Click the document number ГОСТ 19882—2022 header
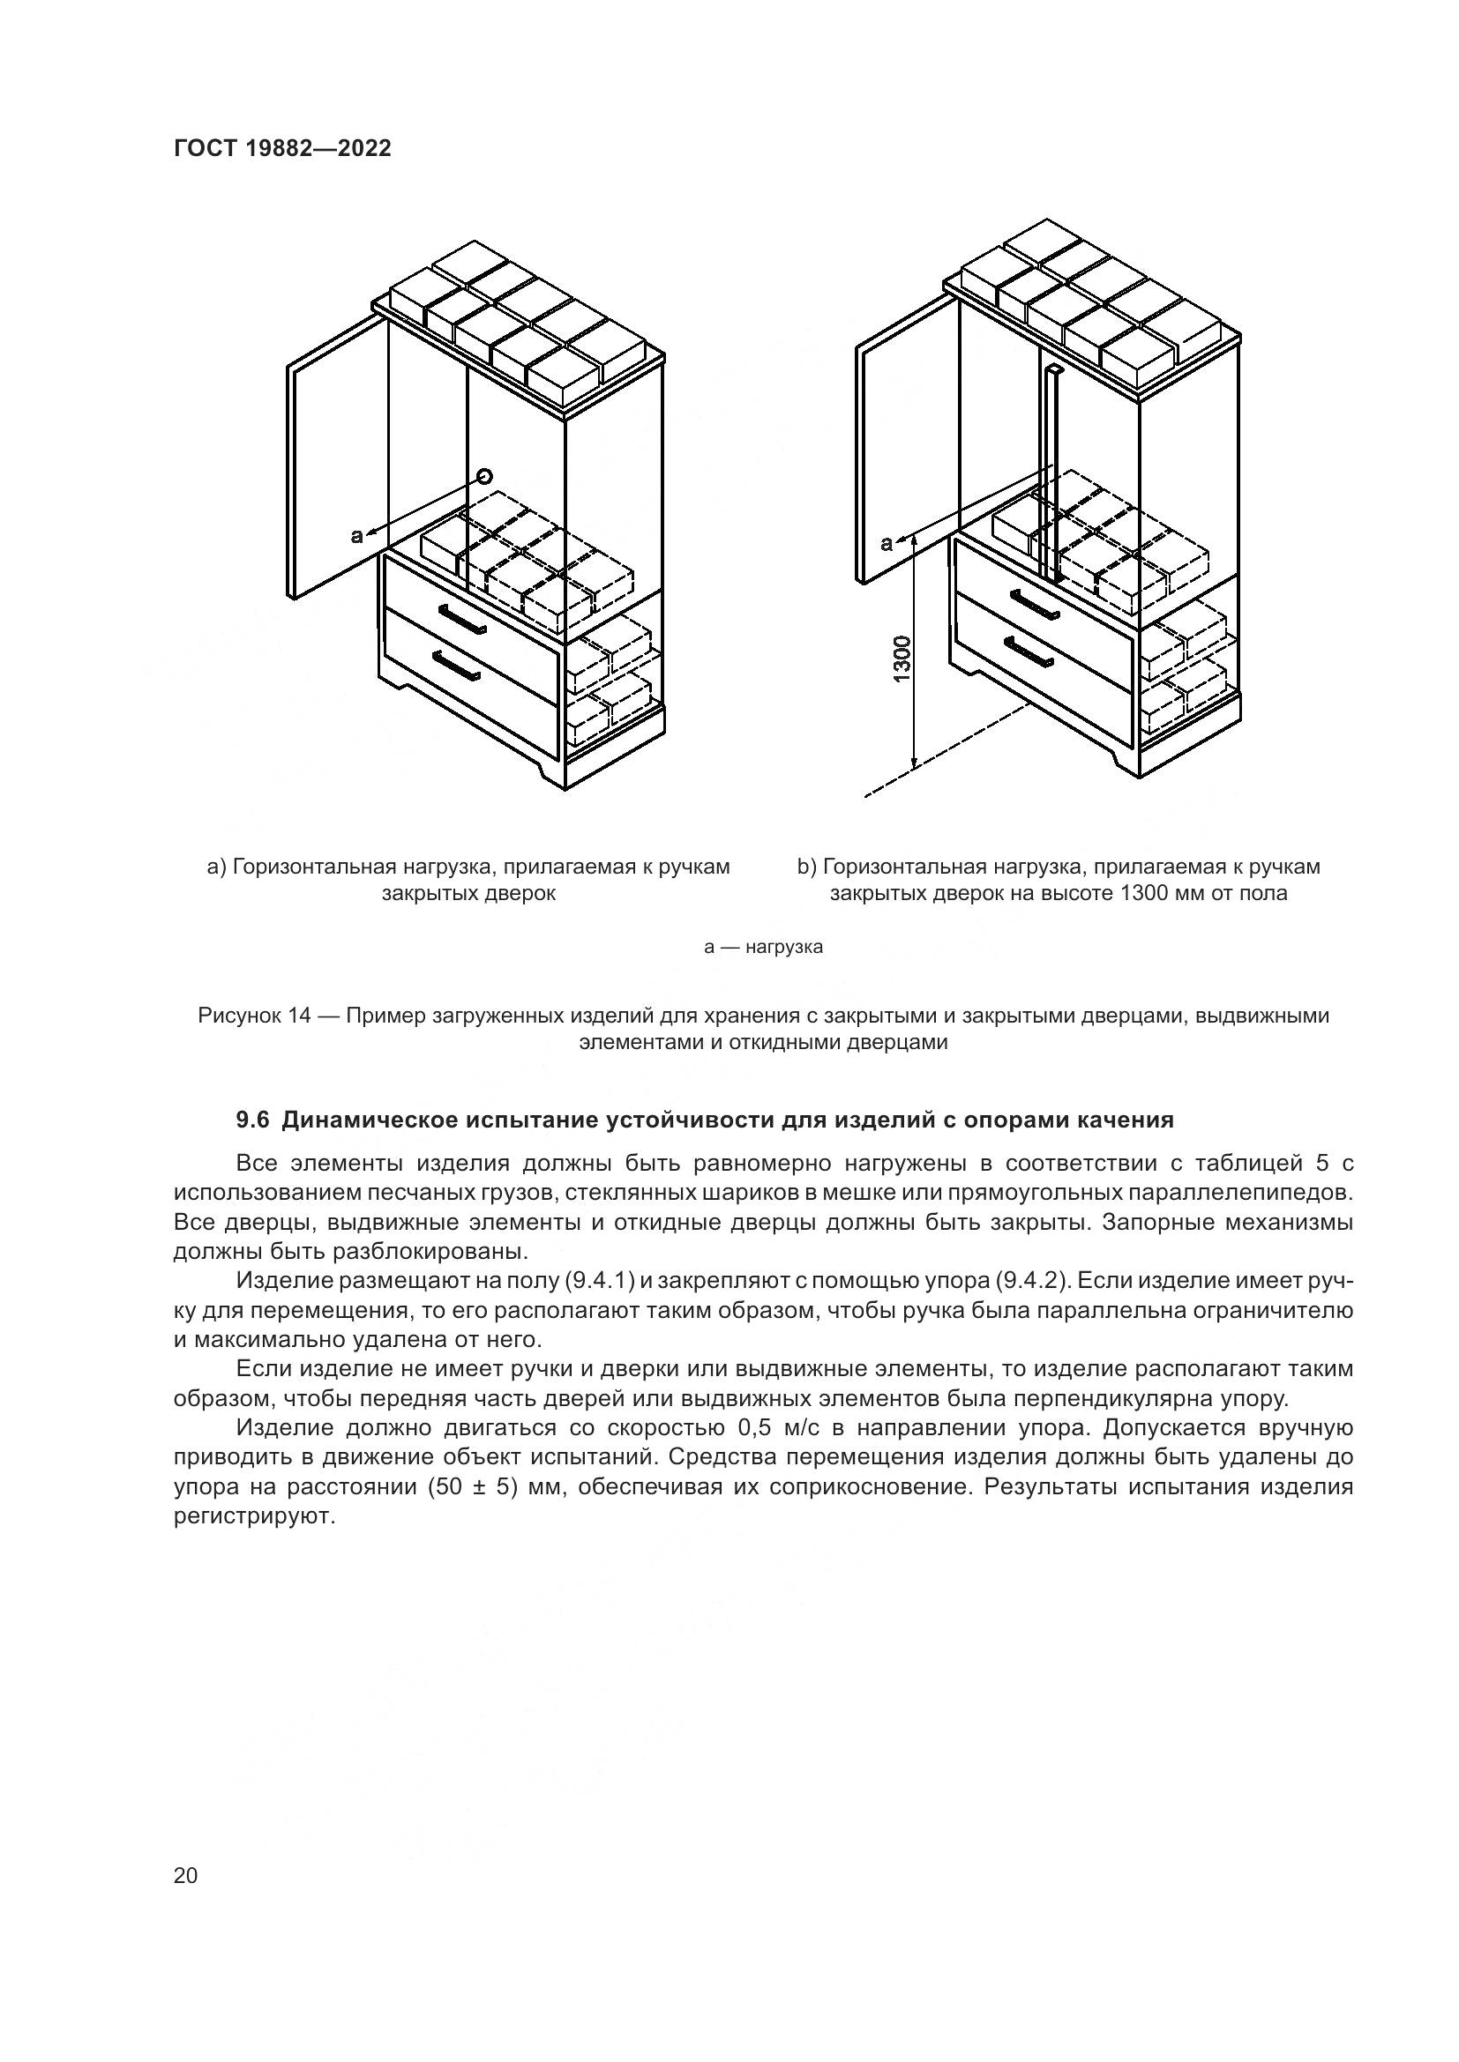[282, 148]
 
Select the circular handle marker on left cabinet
[485, 476]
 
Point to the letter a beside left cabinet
[356, 536]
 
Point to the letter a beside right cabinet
[887, 542]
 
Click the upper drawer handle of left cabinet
[464, 619]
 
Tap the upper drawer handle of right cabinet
[1034, 604]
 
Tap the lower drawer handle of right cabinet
[1028, 652]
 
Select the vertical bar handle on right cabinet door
[1053, 472]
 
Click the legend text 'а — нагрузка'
[763, 947]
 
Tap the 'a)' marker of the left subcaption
[215, 867]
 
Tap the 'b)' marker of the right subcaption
[807, 867]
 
